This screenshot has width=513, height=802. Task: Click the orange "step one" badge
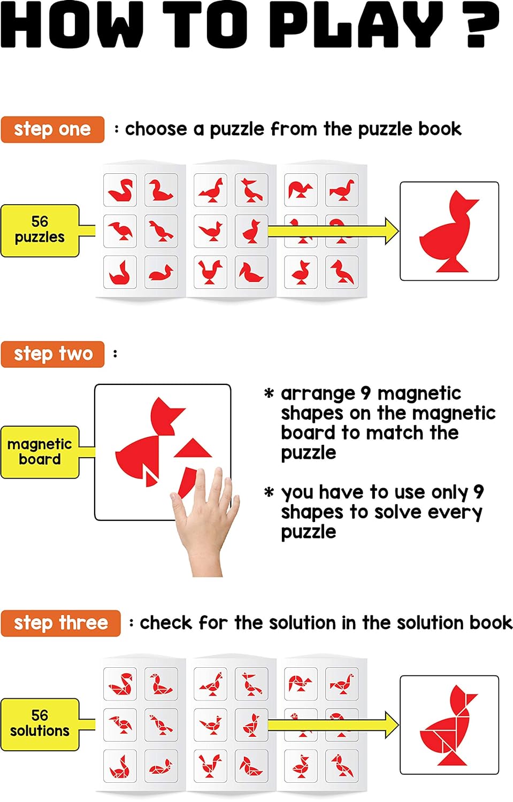(52, 129)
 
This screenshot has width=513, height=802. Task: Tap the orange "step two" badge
(52, 354)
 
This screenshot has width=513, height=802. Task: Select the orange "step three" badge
(60, 623)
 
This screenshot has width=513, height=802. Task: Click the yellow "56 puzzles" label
(40, 230)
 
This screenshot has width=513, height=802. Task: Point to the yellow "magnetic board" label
(40, 452)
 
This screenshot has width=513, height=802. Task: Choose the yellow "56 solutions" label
(40, 724)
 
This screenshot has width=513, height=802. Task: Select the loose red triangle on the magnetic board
(193, 448)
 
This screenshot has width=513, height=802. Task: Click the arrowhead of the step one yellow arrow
(392, 231)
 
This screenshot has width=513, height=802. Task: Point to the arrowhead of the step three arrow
(392, 724)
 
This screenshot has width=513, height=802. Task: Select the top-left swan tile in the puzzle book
(120, 190)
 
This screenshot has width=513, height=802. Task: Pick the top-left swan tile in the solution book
(120, 684)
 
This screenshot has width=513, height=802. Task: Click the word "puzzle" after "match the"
(309, 453)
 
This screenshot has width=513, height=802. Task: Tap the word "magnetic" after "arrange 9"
(419, 394)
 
